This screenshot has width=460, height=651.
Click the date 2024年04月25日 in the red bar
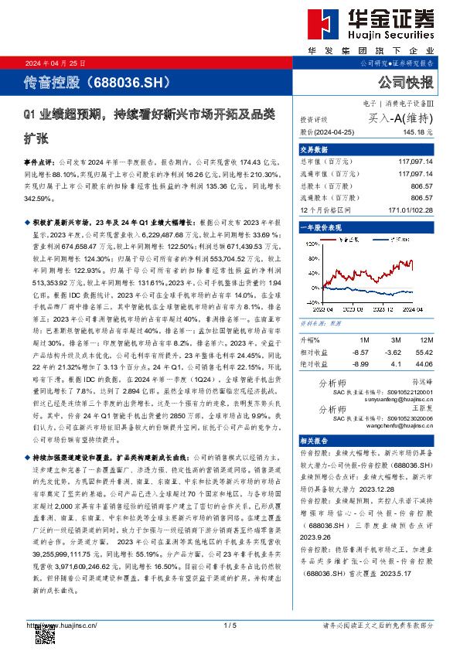tap(55, 63)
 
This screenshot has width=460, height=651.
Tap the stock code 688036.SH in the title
tap(120, 80)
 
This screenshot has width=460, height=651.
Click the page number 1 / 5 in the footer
tap(230, 625)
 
